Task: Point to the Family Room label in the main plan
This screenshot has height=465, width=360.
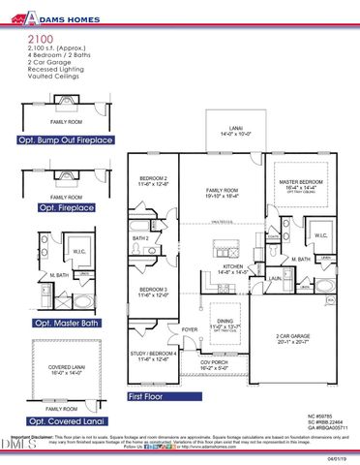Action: (x=220, y=192)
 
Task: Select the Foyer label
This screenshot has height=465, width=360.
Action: (x=191, y=329)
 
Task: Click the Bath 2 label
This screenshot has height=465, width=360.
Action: (x=141, y=238)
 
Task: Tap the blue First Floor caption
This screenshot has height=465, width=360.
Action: (x=150, y=396)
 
